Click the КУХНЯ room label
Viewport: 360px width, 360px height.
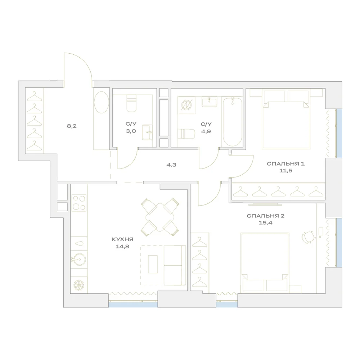click(x=122, y=239)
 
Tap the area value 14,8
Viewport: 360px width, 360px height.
click(x=123, y=247)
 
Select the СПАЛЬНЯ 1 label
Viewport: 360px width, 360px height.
click(x=285, y=164)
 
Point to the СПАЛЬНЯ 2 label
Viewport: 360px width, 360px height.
click(x=265, y=216)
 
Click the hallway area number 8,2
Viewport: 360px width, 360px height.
click(x=72, y=126)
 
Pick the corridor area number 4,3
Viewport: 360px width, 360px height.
click(x=171, y=165)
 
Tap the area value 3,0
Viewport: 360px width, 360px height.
click(x=131, y=131)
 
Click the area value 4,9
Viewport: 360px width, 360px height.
click(x=206, y=131)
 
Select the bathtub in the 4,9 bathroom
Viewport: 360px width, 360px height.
click(x=232, y=122)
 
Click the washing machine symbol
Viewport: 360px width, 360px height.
click(x=186, y=105)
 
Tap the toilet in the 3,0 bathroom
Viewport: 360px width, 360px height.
click(x=131, y=103)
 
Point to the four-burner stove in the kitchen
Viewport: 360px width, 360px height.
click(x=79, y=203)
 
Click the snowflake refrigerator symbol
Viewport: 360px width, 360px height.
click(x=79, y=285)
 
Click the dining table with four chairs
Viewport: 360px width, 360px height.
click(x=160, y=217)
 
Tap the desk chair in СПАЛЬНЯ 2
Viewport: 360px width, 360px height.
click(x=308, y=237)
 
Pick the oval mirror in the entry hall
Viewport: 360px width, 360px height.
click(x=102, y=102)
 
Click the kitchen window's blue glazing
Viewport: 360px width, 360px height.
click(x=133, y=305)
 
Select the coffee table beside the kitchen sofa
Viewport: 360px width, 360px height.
click(x=153, y=264)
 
